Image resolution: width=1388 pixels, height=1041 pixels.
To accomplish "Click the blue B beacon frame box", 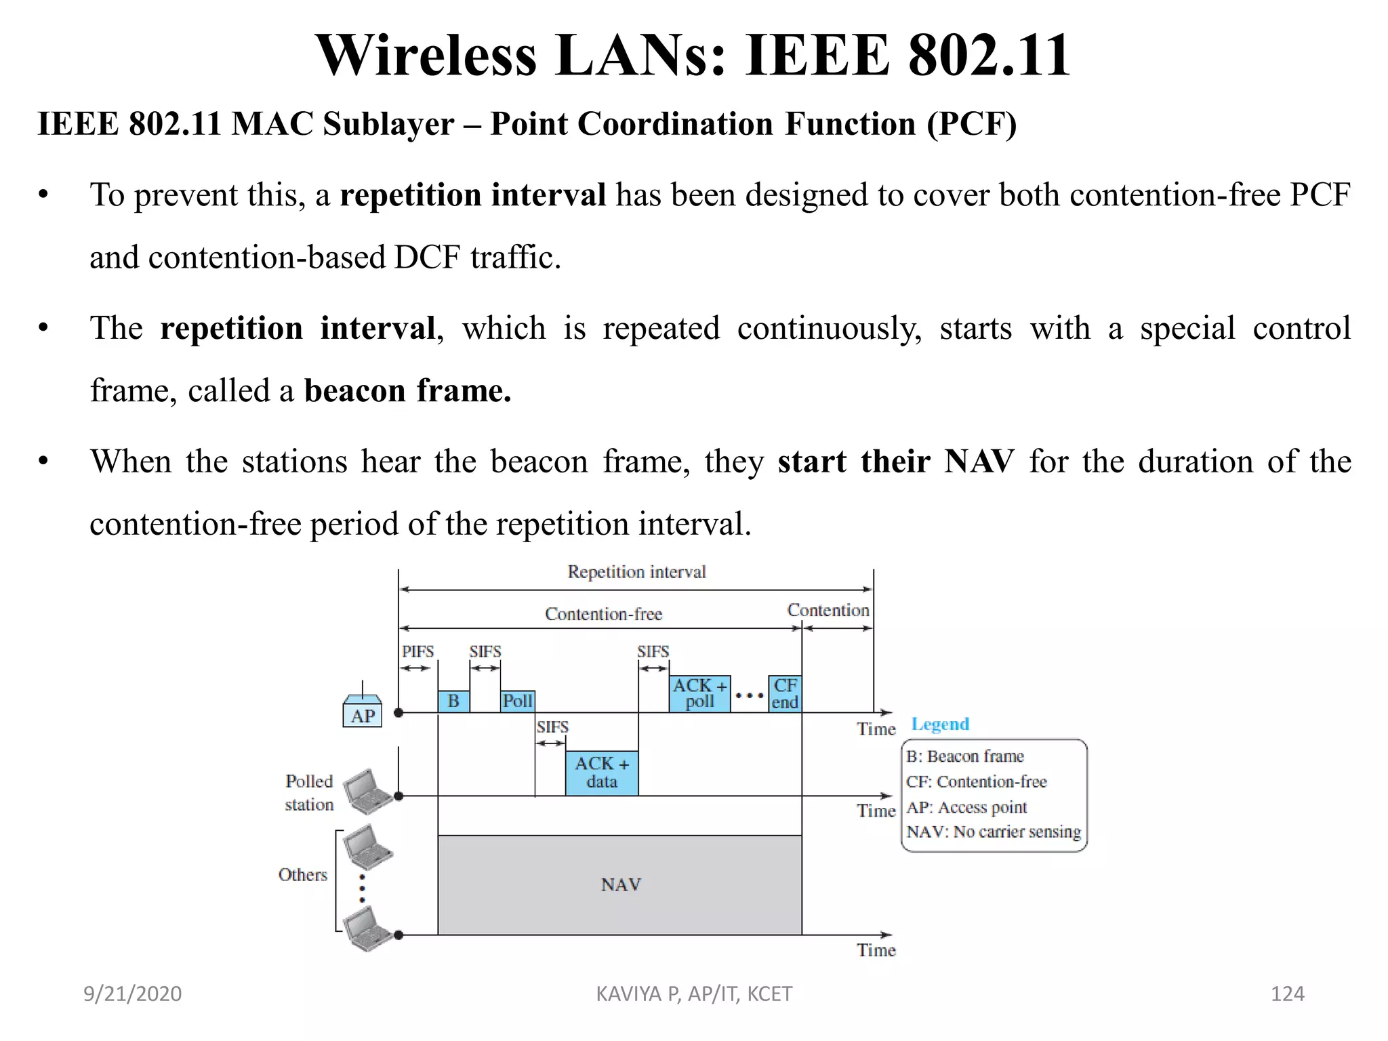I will [x=453, y=701].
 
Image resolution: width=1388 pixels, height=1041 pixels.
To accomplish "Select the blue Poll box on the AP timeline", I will [x=518, y=701].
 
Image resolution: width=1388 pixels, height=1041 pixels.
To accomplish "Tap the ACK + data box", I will [x=602, y=773].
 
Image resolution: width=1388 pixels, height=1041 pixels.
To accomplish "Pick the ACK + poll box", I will [x=699, y=693].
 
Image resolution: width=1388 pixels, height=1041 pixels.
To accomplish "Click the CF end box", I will [x=785, y=693].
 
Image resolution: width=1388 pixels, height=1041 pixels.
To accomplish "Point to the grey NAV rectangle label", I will [x=620, y=884].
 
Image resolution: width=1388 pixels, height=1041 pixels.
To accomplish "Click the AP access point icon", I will [x=363, y=710].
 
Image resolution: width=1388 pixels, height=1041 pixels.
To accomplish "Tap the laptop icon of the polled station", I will [x=367, y=791].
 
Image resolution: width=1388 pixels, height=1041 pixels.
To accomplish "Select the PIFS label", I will [x=417, y=651].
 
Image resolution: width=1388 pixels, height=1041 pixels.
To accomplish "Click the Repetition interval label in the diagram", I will [x=636, y=572].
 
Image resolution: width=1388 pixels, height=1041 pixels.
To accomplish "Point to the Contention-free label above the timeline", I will [x=603, y=614].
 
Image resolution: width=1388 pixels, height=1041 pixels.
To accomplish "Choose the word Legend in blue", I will [x=940, y=724].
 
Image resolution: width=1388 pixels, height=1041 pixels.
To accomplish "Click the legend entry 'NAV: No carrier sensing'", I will [x=994, y=832].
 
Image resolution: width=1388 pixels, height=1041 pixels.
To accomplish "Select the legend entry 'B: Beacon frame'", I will [x=965, y=756].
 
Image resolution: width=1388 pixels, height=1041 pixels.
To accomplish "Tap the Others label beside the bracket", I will [x=302, y=875].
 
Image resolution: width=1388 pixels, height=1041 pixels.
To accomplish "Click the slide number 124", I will [x=1287, y=994].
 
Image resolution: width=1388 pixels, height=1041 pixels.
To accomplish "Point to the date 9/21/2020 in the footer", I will [x=132, y=994].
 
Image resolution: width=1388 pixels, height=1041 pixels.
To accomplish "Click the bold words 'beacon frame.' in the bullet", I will [x=407, y=391].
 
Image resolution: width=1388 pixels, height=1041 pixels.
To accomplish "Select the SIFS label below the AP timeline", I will [x=552, y=727].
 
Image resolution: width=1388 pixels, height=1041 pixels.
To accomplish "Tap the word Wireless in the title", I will [x=426, y=56].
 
